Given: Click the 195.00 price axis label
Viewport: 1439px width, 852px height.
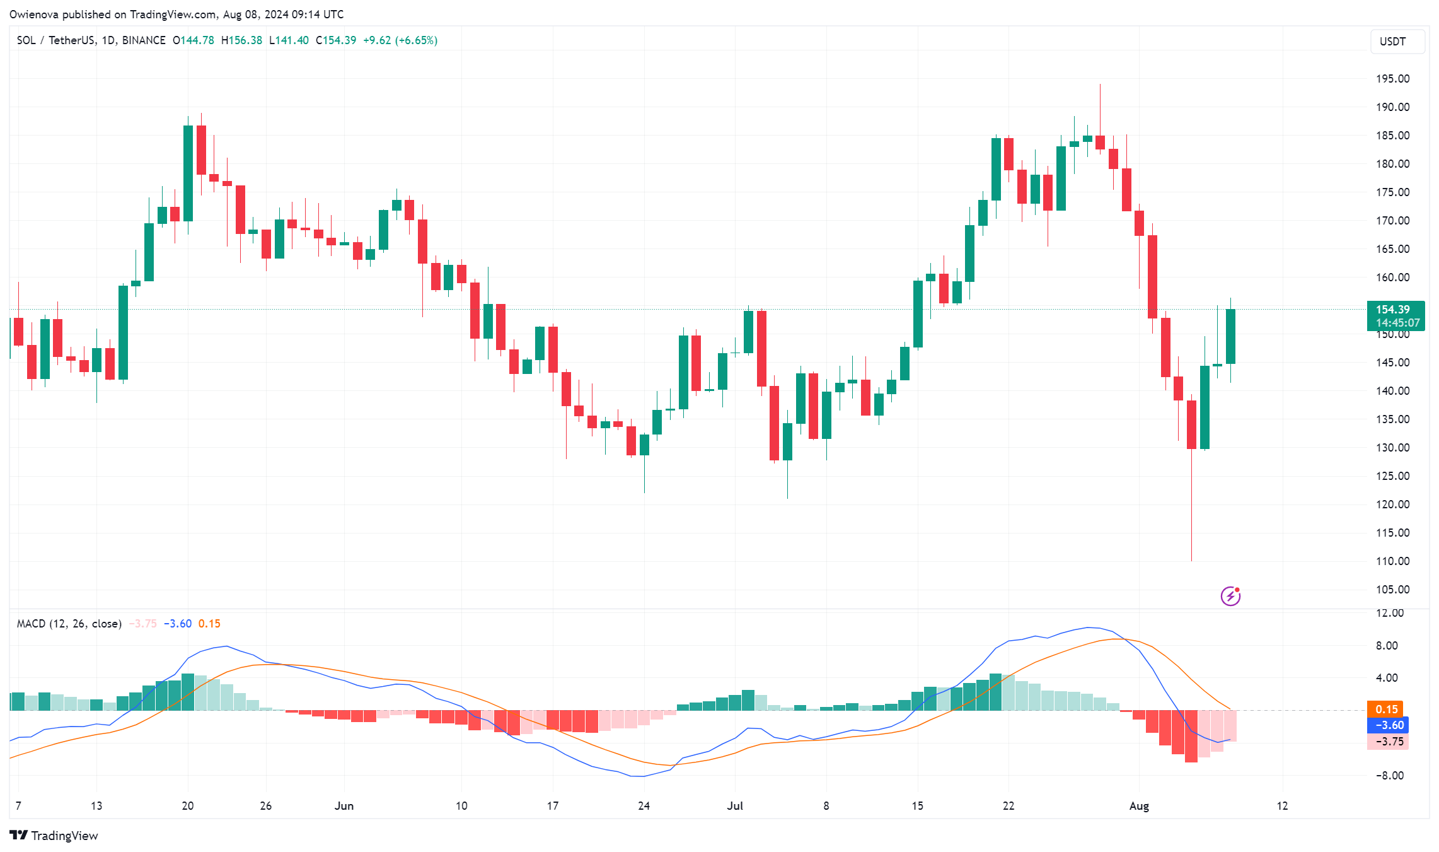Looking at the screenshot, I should pos(1392,79).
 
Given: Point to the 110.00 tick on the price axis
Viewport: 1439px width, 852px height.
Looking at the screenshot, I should pos(1392,561).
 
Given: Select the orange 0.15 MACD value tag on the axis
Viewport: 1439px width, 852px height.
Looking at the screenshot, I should pos(1386,709).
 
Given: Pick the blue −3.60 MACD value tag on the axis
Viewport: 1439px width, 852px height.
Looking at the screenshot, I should pos(1387,725).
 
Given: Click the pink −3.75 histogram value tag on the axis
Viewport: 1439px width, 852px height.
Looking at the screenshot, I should pos(1387,742).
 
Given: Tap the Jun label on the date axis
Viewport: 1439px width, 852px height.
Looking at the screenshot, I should pos(344,806).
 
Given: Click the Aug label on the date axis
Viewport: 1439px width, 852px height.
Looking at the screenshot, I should pos(1139,806).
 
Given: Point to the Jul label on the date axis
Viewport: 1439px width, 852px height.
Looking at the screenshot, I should pos(735,806).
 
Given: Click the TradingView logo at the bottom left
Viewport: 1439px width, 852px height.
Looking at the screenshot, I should pos(54,836).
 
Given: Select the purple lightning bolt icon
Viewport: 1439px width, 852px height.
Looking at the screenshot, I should pos(1230,595).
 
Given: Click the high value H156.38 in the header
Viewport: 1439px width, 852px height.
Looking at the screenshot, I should pos(241,40).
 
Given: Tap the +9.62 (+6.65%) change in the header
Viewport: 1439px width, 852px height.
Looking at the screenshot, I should pos(400,40).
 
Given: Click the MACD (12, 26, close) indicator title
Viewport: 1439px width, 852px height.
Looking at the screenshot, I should pos(69,624).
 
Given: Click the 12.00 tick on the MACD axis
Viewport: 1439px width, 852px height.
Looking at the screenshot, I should pos(1389,613).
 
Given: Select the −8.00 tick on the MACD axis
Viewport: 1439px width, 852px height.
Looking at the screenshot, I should pos(1389,776).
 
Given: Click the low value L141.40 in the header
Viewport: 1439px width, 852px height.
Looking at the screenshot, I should pos(289,40).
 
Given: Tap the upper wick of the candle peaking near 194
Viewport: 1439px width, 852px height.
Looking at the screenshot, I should pos(1100,107).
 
